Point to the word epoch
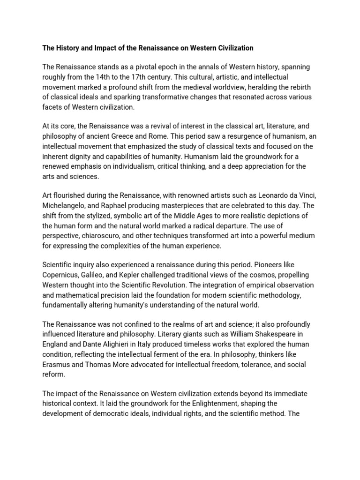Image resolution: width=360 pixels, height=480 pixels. [167, 67]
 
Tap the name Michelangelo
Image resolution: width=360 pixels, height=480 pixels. [67, 205]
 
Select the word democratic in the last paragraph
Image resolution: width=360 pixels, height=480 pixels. [112, 413]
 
